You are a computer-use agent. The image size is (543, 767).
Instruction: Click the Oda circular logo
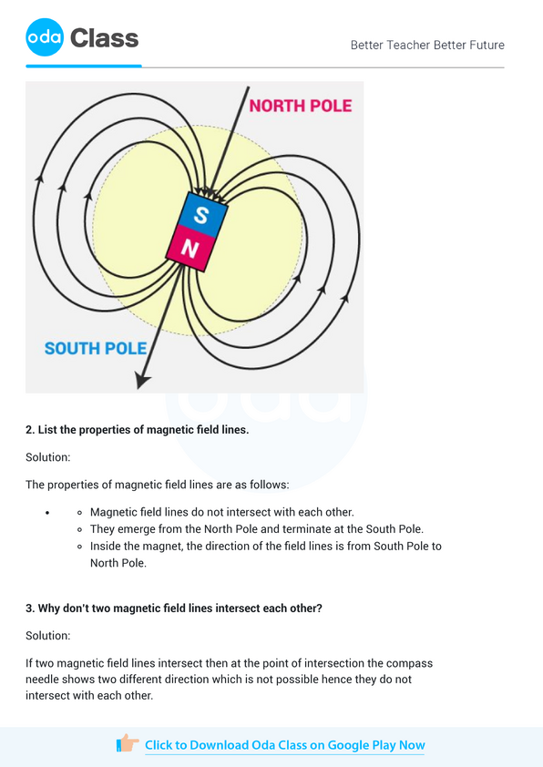[45, 38]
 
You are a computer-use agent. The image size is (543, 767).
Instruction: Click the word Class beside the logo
[104, 38]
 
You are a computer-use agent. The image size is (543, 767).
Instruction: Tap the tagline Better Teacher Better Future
[426, 45]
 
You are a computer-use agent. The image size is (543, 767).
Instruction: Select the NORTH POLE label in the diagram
[300, 106]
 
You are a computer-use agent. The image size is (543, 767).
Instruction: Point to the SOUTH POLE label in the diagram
[96, 348]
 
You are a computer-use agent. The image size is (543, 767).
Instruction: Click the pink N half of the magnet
[190, 248]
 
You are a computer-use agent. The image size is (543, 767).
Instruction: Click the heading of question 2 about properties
[137, 429]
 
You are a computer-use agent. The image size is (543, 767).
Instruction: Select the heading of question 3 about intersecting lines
[173, 608]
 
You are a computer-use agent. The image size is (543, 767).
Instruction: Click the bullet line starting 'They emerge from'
[257, 528]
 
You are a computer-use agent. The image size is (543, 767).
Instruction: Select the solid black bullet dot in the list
[46, 513]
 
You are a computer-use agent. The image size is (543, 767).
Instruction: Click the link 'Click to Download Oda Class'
[284, 744]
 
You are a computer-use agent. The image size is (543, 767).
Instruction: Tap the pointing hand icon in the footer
[128, 743]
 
